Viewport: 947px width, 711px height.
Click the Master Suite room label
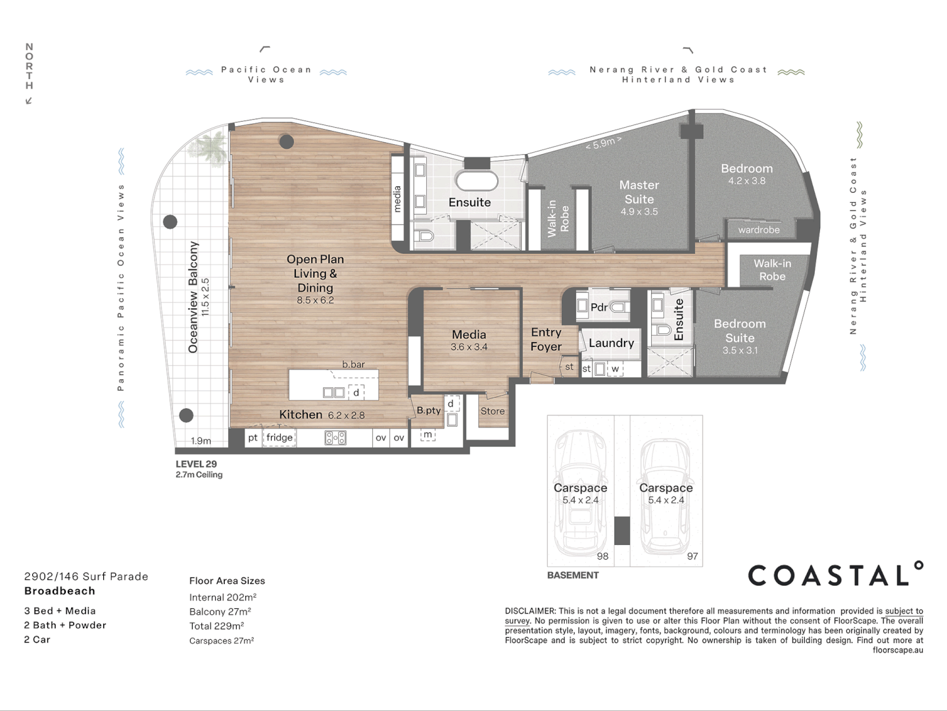(x=639, y=192)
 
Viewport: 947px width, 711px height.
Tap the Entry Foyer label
(x=546, y=340)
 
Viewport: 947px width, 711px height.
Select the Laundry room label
(x=611, y=343)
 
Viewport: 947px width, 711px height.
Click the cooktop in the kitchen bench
(x=335, y=438)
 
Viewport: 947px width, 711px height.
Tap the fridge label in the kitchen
(x=279, y=437)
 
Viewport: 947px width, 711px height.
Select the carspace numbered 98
(x=580, y=494)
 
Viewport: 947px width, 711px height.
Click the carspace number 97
(x=692, y=556)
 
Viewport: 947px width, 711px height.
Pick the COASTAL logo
(x=835, y=575)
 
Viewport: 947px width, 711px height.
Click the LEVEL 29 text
(x=196, y=464)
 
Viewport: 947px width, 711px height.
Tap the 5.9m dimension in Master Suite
(x=603, y=143)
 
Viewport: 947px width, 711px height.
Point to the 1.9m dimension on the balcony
(x=201, y=441)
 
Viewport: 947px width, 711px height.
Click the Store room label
(x=492, y=411)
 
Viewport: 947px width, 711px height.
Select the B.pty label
(x=429, y=410)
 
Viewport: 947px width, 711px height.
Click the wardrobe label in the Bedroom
(x=758, y=230)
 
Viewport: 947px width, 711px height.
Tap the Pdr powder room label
(x=599, y=307)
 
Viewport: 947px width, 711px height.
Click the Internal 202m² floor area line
(x=222, y=597)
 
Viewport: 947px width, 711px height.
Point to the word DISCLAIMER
(x=530, y=611)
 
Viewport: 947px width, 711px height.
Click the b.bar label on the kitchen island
(x=353, y=364)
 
